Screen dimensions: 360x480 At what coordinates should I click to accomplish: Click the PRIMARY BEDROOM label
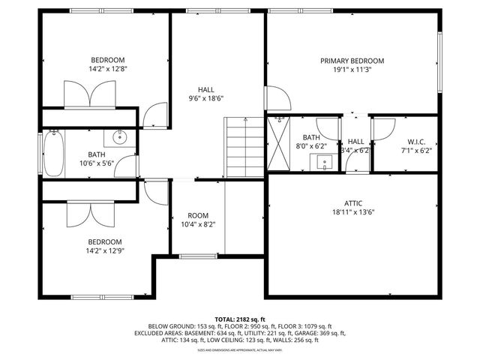352,61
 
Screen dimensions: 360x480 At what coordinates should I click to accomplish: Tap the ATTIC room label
352,203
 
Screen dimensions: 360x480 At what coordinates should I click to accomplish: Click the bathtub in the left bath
52,154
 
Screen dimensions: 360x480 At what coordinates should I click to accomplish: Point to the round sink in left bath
119,136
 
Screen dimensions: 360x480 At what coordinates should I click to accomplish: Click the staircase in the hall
244,148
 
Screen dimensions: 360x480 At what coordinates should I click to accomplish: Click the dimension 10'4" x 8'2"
198,224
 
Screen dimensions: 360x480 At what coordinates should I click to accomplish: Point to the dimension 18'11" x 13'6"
352,213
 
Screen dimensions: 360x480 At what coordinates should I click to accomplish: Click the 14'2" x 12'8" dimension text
108,70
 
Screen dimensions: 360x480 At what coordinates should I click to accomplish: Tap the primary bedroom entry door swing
276,97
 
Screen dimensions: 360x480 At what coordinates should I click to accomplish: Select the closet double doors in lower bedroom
89,214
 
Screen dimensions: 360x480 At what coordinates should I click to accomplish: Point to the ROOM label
198,214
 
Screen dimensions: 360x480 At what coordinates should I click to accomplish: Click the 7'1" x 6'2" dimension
416,150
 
